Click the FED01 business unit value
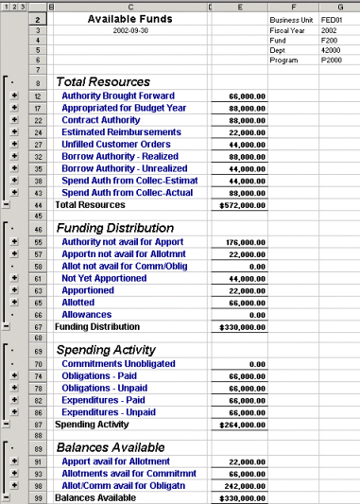pos(332,19)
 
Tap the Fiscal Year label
pos(289,31)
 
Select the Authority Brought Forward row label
pos(118,96)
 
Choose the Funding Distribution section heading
pos(117,228)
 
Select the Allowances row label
pos(87,315)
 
